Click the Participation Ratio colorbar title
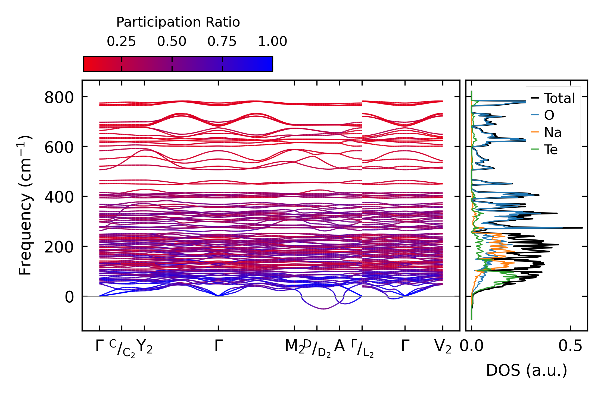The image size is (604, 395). click(178, 22)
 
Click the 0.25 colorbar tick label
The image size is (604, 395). click(121, 42)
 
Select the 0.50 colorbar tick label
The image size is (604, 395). click(172, 42)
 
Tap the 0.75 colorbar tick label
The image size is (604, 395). click(222, 42)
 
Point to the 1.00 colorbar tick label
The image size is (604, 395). click(272, 42)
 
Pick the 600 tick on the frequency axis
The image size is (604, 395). click(59, 148)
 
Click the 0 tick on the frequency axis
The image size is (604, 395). click(69, 297)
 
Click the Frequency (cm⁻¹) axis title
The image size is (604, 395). click(25, 205)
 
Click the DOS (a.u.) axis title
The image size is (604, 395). click(527, 371)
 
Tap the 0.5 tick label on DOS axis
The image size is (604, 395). click(570, 346)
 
